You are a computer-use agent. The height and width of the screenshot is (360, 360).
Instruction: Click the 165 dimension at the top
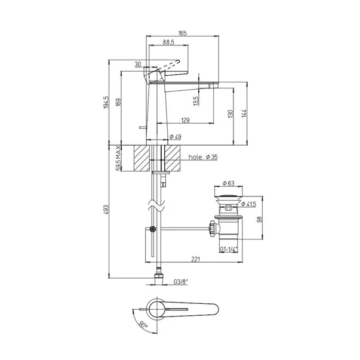tap(183, 33)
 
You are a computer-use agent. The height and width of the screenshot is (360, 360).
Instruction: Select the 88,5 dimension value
tap(168, 42)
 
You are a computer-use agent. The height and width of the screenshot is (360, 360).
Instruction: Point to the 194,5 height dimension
tap(106, 102)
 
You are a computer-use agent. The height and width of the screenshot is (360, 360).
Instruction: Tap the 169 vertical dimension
tap(118, 103)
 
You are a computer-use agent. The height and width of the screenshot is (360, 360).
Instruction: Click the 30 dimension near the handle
tap(138, 64)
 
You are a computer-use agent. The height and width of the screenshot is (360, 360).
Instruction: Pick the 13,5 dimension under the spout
tap(196, 100)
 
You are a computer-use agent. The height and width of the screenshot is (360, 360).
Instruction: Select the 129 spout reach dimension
tap(185, 120)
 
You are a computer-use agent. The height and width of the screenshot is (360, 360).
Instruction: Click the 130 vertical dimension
tap(230, 114)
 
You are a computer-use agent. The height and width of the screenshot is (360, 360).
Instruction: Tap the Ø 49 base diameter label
tap(176, 137)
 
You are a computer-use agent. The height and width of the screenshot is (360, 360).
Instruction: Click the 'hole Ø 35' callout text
tap(203, 157)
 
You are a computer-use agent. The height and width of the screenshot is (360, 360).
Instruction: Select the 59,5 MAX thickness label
tap(118, 158)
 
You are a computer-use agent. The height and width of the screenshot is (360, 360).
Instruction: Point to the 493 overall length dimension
tap(106, 210)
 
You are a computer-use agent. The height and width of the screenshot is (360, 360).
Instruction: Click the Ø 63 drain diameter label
tap(229, 183)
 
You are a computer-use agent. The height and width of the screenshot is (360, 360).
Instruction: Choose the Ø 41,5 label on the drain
tap(248, 204)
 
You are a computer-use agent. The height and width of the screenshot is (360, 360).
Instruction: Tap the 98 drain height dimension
tap(260, 219)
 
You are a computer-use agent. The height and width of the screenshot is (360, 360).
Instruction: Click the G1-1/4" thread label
tap(229, 249)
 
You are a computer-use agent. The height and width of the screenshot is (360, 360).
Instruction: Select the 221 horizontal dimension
tap(196, 259)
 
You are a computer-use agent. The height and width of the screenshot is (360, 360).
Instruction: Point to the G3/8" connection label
tap(181, 282)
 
